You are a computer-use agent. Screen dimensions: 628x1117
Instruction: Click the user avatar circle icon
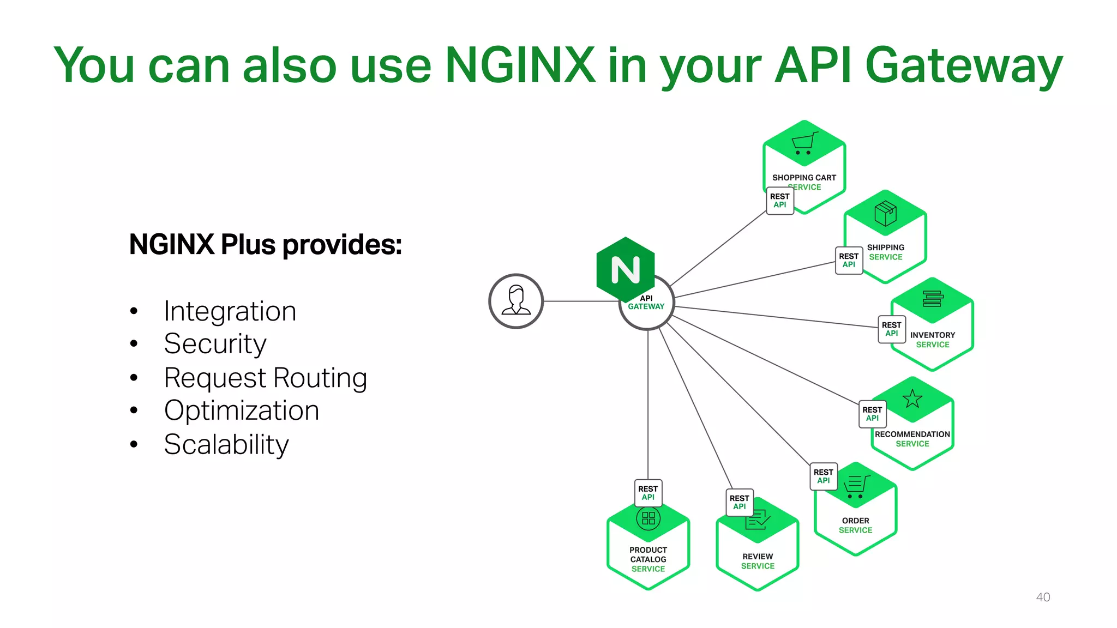(x=516, y=301)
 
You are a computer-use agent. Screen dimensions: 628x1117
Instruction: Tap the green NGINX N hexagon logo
(x=626, y=269)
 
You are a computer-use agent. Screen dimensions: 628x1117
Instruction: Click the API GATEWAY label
(x=646, y=303)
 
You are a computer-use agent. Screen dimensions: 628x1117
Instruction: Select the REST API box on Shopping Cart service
(x=780, y=201)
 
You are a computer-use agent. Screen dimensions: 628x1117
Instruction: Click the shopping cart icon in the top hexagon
(x=804, y=143)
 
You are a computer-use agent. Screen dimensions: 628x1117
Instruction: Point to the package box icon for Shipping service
(x=885, y=213)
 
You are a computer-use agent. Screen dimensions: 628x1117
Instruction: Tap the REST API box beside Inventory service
(x=892, y=329)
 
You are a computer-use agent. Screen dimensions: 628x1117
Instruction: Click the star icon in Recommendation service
(x=912, y=399)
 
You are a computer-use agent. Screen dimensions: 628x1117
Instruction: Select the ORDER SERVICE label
(x=855, y=526)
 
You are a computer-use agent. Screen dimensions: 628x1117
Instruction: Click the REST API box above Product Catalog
(x=648, y=493)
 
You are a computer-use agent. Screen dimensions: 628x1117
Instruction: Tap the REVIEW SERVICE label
(x=758, y=561)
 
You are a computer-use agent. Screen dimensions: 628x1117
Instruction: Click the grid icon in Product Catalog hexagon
(x=648, y=518)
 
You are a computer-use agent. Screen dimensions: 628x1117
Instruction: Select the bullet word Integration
(x=230, y=311)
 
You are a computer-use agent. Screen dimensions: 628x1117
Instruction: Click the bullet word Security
(x=215, y=344)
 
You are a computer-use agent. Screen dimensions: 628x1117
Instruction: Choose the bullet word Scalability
(x=226, y=444)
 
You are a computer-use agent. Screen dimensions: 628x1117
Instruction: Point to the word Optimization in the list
(x=242, y=410)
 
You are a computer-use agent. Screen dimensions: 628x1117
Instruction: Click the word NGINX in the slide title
(x=520, y=65)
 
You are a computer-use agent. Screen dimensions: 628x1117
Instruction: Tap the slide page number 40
(x=1043, y=597)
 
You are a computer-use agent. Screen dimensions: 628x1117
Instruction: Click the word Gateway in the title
(x=964, y=65)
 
